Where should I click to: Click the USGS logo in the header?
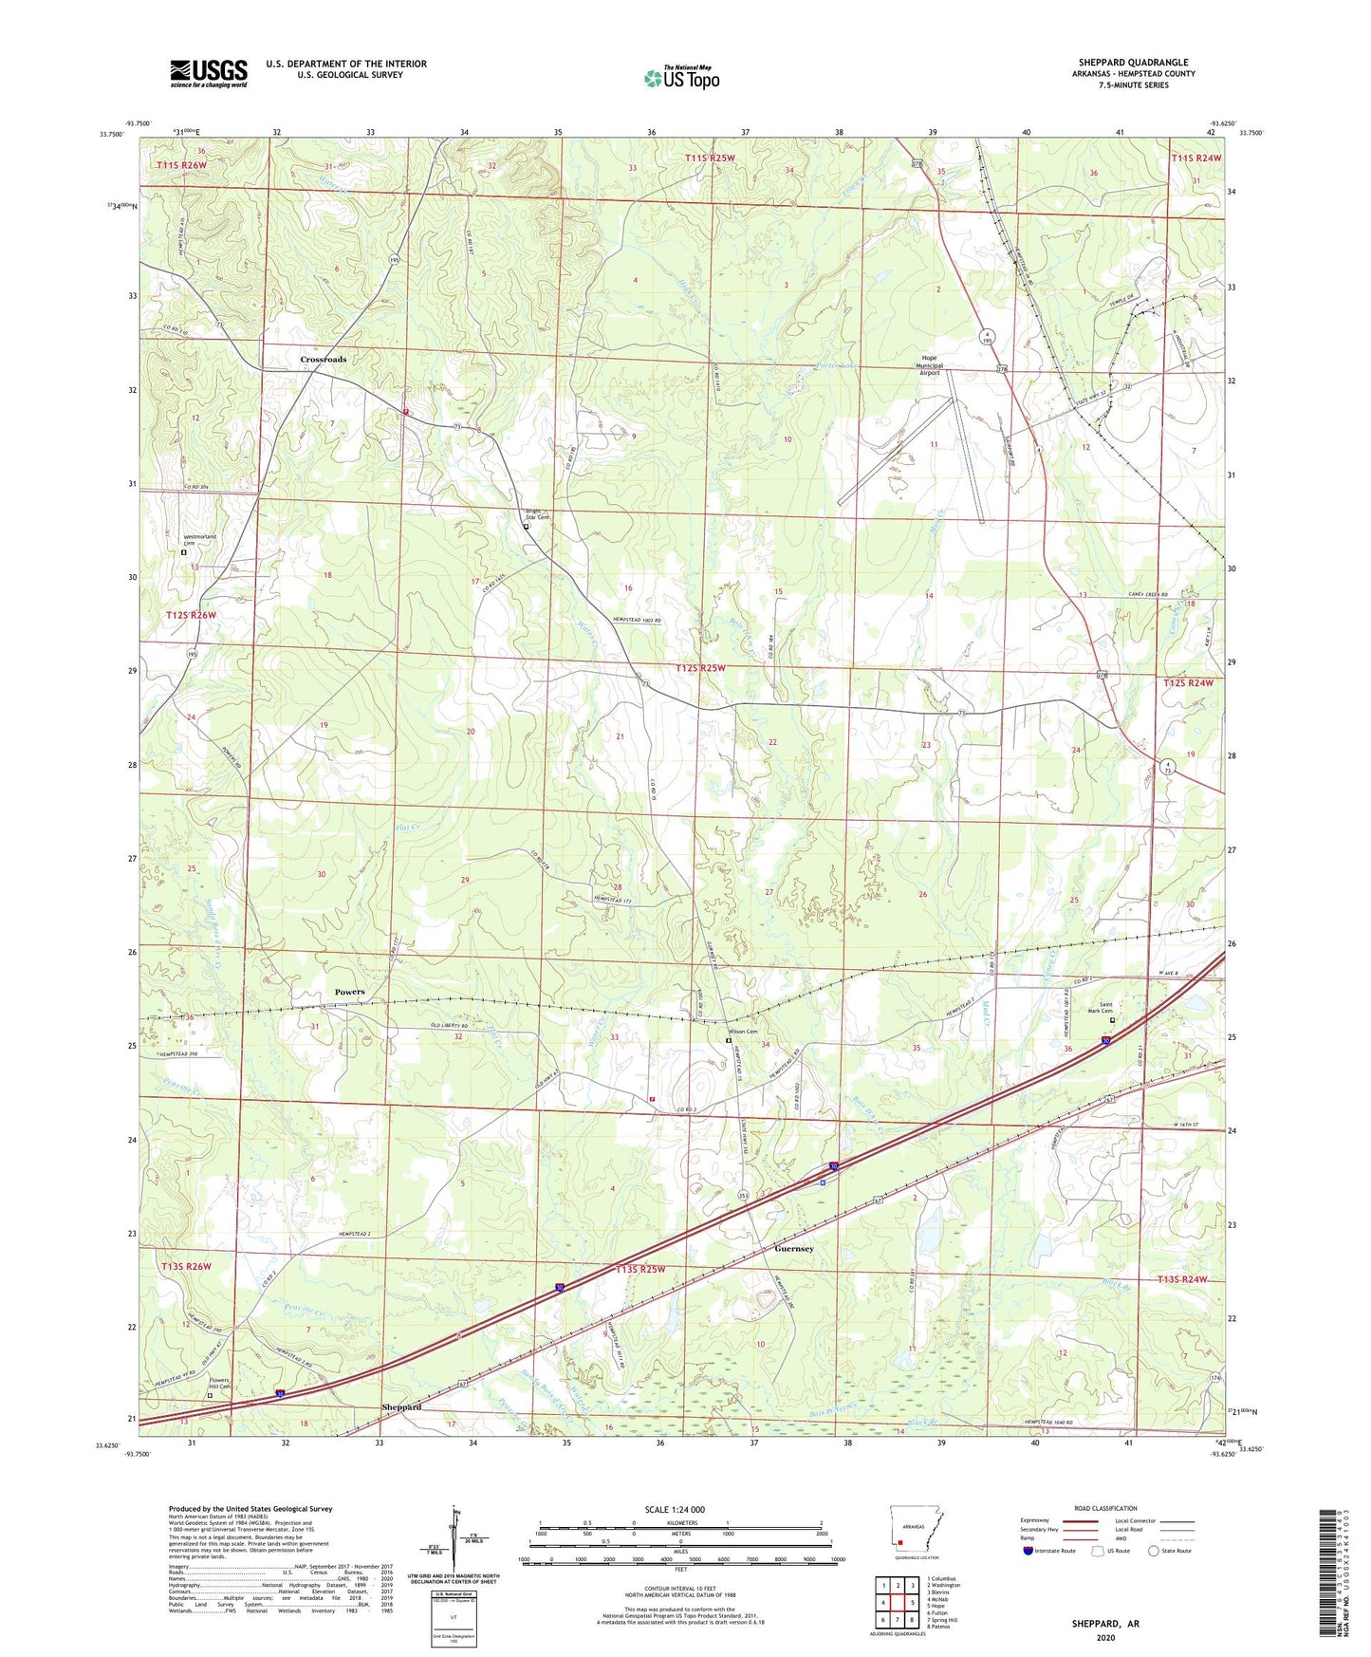click(x=208, y=73)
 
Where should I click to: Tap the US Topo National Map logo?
click(x=681, y=78)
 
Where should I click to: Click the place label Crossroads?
click(x=324, y=360)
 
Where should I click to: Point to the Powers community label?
click(x=349, y=992)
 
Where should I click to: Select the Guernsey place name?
click(x=793, y=1249)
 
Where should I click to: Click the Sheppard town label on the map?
click(x=401, y=1406)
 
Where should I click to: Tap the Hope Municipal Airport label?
click(x=929, y=365)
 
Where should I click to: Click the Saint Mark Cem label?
click(x=1100, y=1010)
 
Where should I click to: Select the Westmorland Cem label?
click(x=200, y=540)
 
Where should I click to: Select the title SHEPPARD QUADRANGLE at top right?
click(x=1133, y=63)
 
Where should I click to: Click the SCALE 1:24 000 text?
click(x=675, y=1510)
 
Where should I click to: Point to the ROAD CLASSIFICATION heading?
click(x=1105, y=1508)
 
